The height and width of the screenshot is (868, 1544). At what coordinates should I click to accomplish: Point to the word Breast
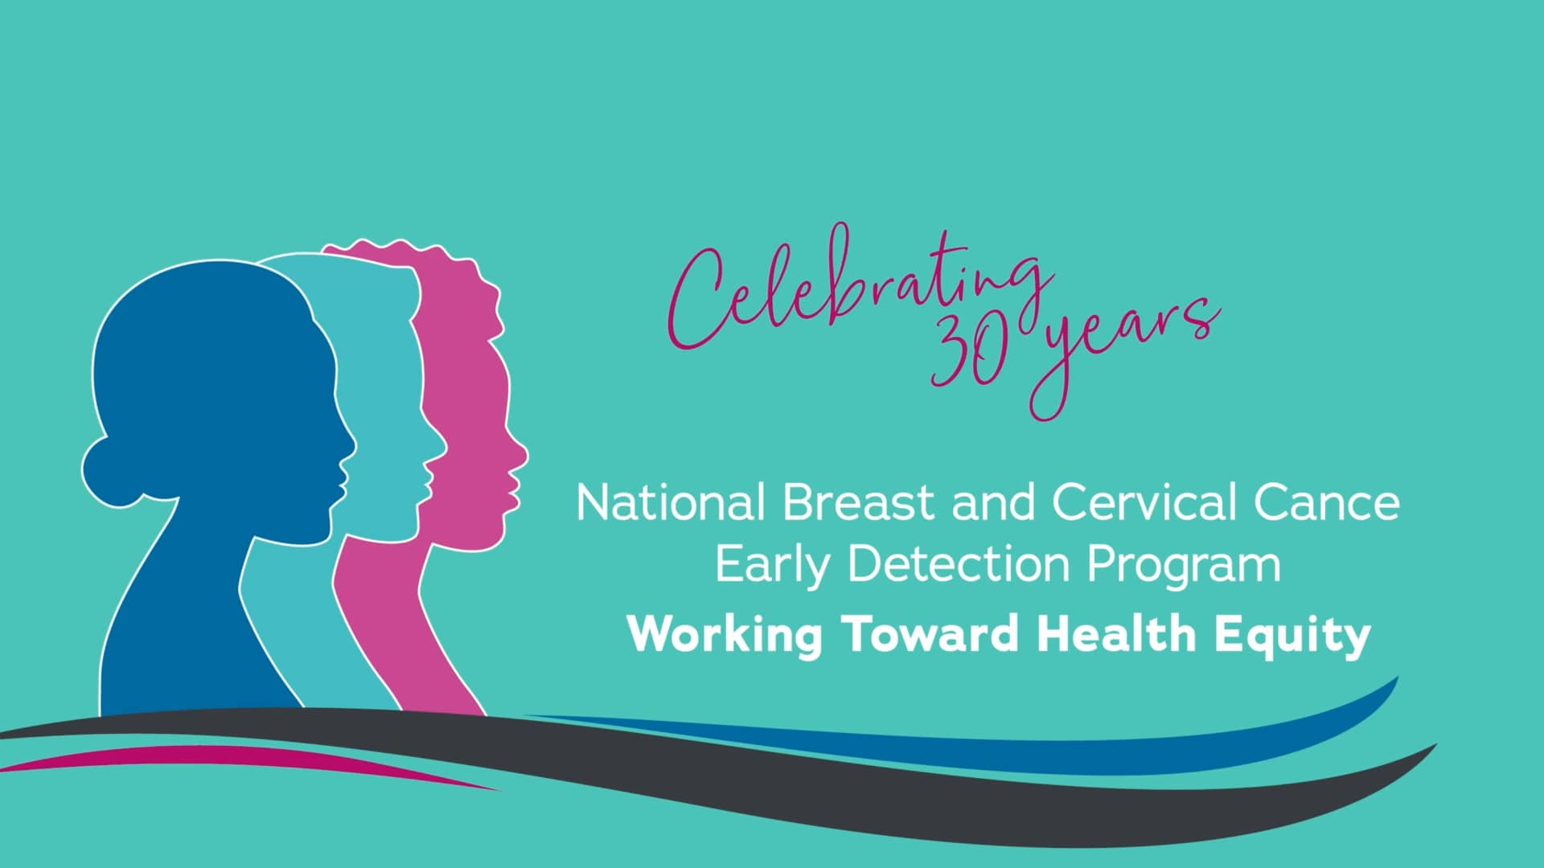(860, 502)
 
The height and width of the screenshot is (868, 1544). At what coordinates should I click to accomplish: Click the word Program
(1184, 567)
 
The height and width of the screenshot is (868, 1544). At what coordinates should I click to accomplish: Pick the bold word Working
(725, 636)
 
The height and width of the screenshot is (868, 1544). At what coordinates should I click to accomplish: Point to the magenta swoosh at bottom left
(241, 759)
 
